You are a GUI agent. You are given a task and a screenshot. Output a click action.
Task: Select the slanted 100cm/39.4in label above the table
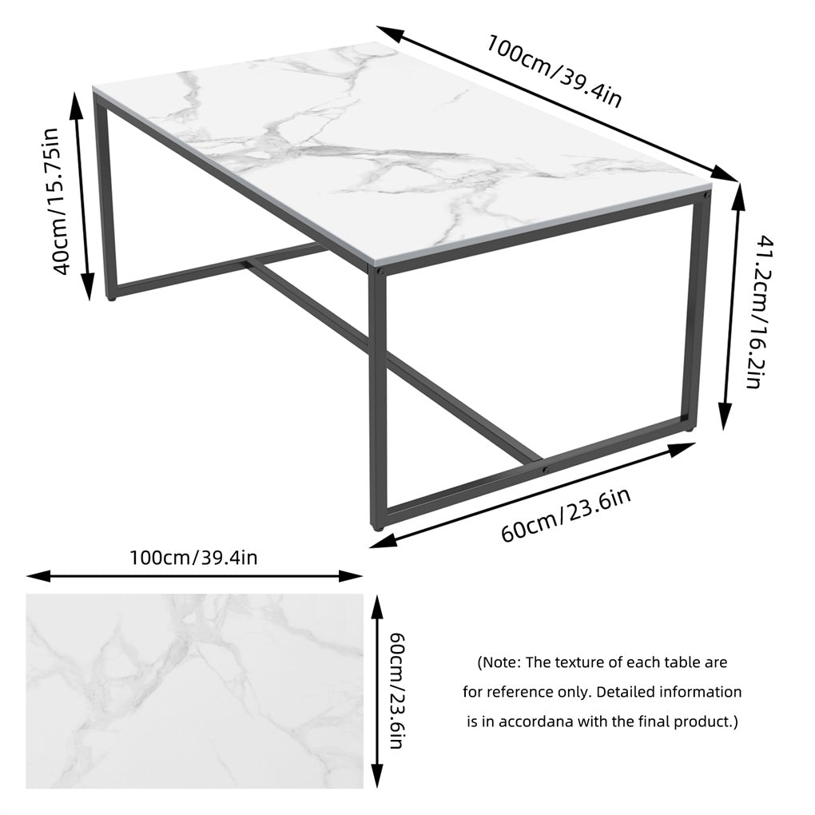pyautogui.click(x=554, y=70)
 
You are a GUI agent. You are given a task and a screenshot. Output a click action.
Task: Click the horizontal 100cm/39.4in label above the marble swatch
pyautogui.click(x=193, y=557)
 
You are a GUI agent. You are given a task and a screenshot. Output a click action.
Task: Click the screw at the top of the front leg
pyautogui.click(x=381, y=272)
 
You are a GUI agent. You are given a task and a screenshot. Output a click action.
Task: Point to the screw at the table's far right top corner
pyautogui.click(x=705, y=193)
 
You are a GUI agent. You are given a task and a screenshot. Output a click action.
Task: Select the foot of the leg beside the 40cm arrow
pyautogui.click(x=110, y=298)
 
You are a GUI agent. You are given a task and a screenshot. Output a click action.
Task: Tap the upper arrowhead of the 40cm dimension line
pyautogui.click(x=78, y=103)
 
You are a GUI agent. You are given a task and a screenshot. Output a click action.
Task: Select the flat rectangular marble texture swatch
pyautogui.click(x=194, y=691)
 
